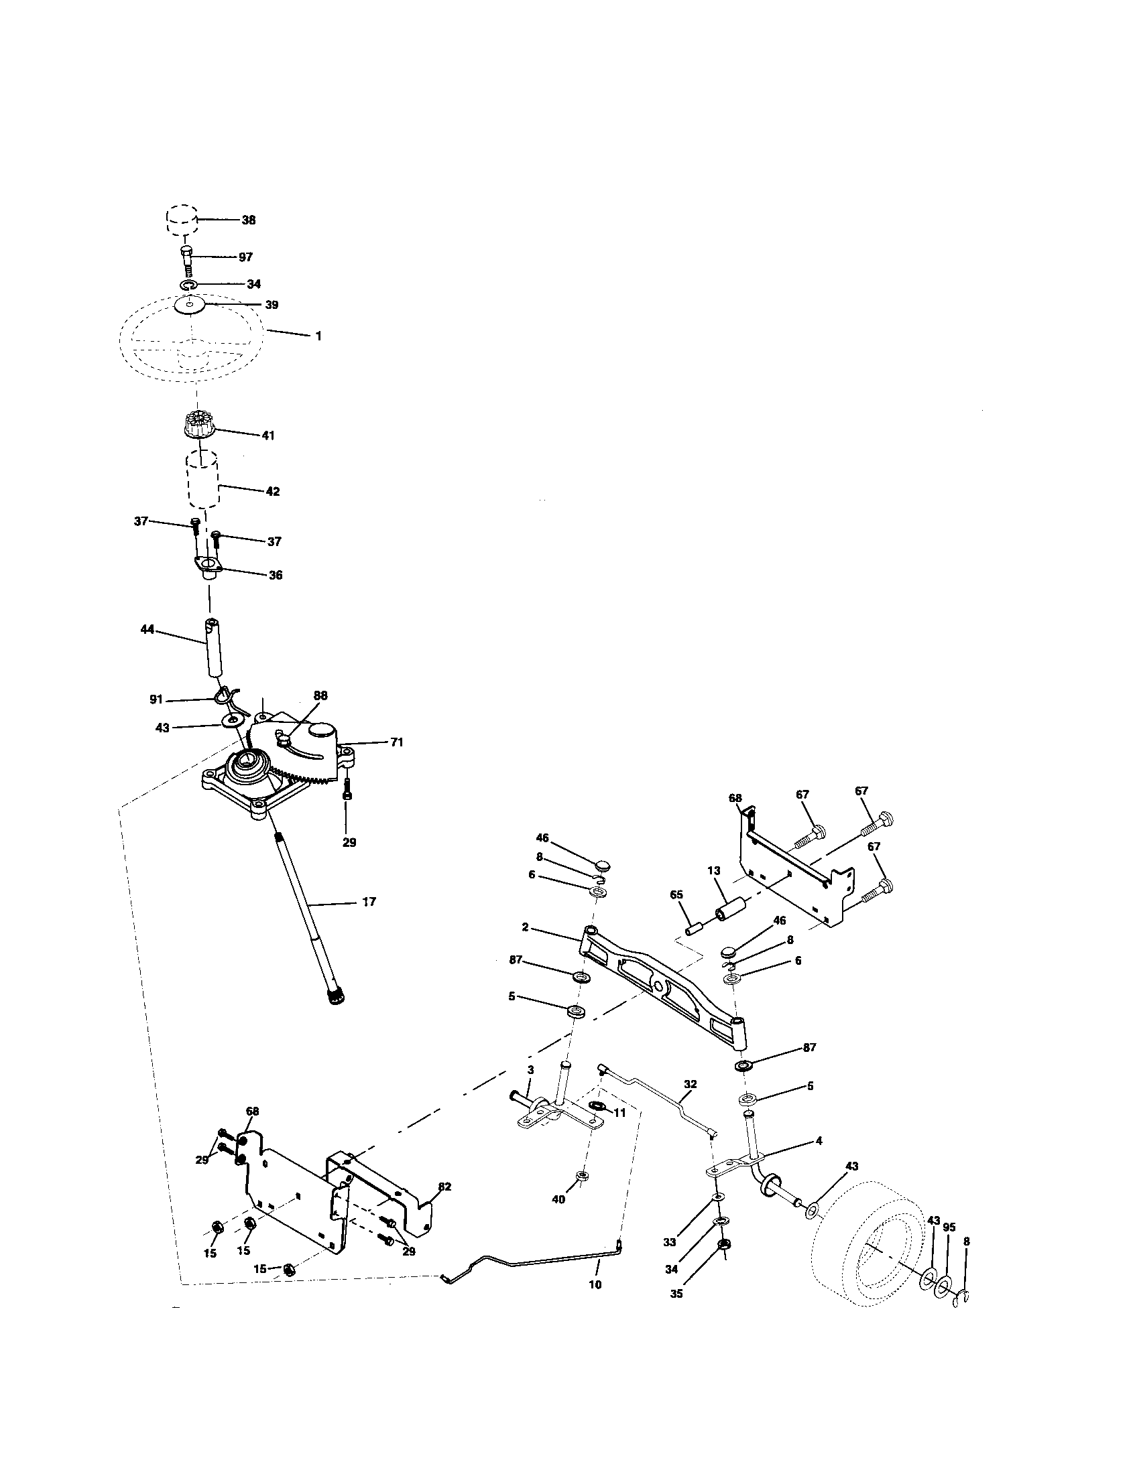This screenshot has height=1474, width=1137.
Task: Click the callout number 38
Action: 249,220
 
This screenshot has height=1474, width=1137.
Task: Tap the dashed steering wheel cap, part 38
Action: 182,219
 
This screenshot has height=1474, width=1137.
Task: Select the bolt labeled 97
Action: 187,258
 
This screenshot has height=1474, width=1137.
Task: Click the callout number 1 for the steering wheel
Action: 318,336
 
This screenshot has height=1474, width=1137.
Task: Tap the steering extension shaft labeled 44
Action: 214,647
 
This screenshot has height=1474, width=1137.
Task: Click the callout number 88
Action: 320,695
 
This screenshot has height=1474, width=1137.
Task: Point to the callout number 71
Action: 396,742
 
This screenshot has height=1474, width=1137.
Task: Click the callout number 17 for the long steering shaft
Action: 369,902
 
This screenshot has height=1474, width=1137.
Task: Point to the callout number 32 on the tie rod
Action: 690,1084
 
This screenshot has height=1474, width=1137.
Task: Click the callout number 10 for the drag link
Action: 595,1285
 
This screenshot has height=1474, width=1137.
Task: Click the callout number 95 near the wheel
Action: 949,1227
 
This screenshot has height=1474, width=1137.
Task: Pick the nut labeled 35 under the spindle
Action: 722,1263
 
